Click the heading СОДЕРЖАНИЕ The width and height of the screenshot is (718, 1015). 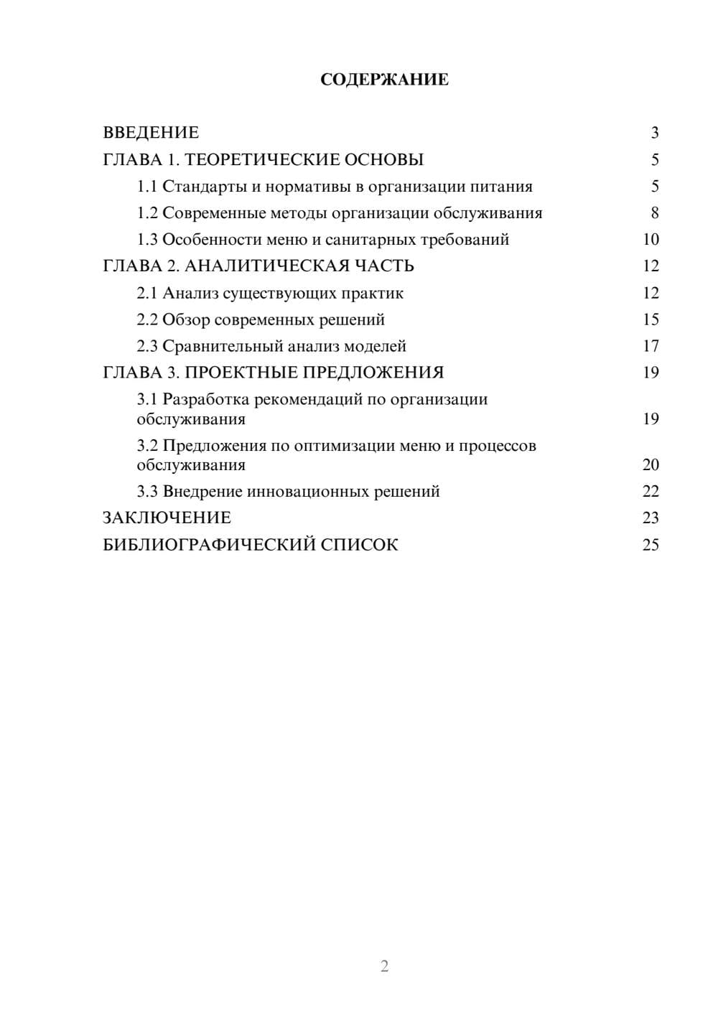click(x=384, y=80)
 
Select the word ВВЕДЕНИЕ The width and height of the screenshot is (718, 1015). click(x=151, y=133)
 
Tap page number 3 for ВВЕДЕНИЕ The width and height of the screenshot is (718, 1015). click(x=654, y=133)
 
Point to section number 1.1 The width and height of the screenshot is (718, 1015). click(x=146, y=187)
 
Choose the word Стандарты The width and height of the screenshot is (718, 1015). click(x=204, y=187)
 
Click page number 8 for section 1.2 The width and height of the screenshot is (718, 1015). click(x=654, y=213)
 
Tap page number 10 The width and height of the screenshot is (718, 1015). click(x=651, y=240)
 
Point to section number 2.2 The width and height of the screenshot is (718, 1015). click(x=146, y=319)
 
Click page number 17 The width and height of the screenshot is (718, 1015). click(x=651, y=346)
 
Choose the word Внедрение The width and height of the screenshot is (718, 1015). click(x=202, y=492)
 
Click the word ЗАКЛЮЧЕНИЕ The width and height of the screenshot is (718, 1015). click(x=167, y=518)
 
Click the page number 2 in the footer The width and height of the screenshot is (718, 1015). click(x=384, y=966)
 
